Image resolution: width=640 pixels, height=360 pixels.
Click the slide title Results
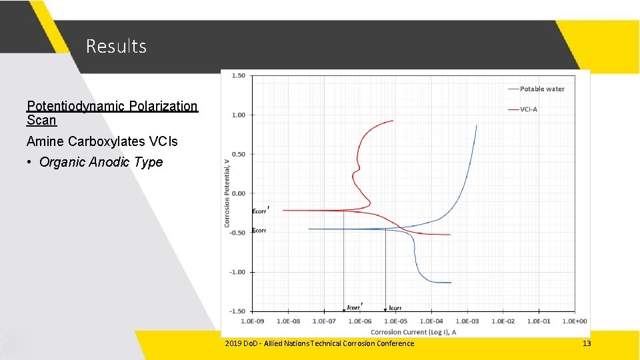116,46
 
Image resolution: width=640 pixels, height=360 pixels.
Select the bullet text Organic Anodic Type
101,162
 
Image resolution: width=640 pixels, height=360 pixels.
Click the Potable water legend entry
541,89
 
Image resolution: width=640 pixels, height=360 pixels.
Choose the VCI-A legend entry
528,109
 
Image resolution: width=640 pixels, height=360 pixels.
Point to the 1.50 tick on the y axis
238,76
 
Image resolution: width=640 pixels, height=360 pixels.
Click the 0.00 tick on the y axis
238,193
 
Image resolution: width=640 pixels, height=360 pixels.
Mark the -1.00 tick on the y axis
237,272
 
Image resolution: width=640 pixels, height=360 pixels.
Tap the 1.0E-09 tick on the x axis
253,321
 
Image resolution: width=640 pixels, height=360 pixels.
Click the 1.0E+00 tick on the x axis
575,321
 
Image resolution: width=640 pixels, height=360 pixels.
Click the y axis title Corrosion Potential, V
227,191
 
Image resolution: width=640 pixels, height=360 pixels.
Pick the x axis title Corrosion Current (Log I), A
413,331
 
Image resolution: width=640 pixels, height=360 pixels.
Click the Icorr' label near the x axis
355,307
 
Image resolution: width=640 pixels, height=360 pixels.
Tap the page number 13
587,343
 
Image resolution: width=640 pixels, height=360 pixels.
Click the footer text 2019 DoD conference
319,343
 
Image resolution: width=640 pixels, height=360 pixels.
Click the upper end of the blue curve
477,125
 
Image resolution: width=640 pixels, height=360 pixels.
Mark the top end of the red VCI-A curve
393,121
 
